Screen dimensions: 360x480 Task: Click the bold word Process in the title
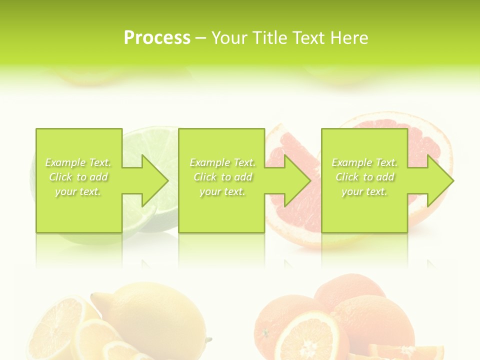pos(157,38)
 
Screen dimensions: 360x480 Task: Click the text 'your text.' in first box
pos(78,191)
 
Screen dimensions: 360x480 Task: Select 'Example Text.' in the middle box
pos(222,162)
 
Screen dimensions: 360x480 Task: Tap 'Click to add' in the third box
pos(364,177)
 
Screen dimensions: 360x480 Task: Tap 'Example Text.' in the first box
pos(78,162)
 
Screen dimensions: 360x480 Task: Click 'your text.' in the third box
pos(364,191)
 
